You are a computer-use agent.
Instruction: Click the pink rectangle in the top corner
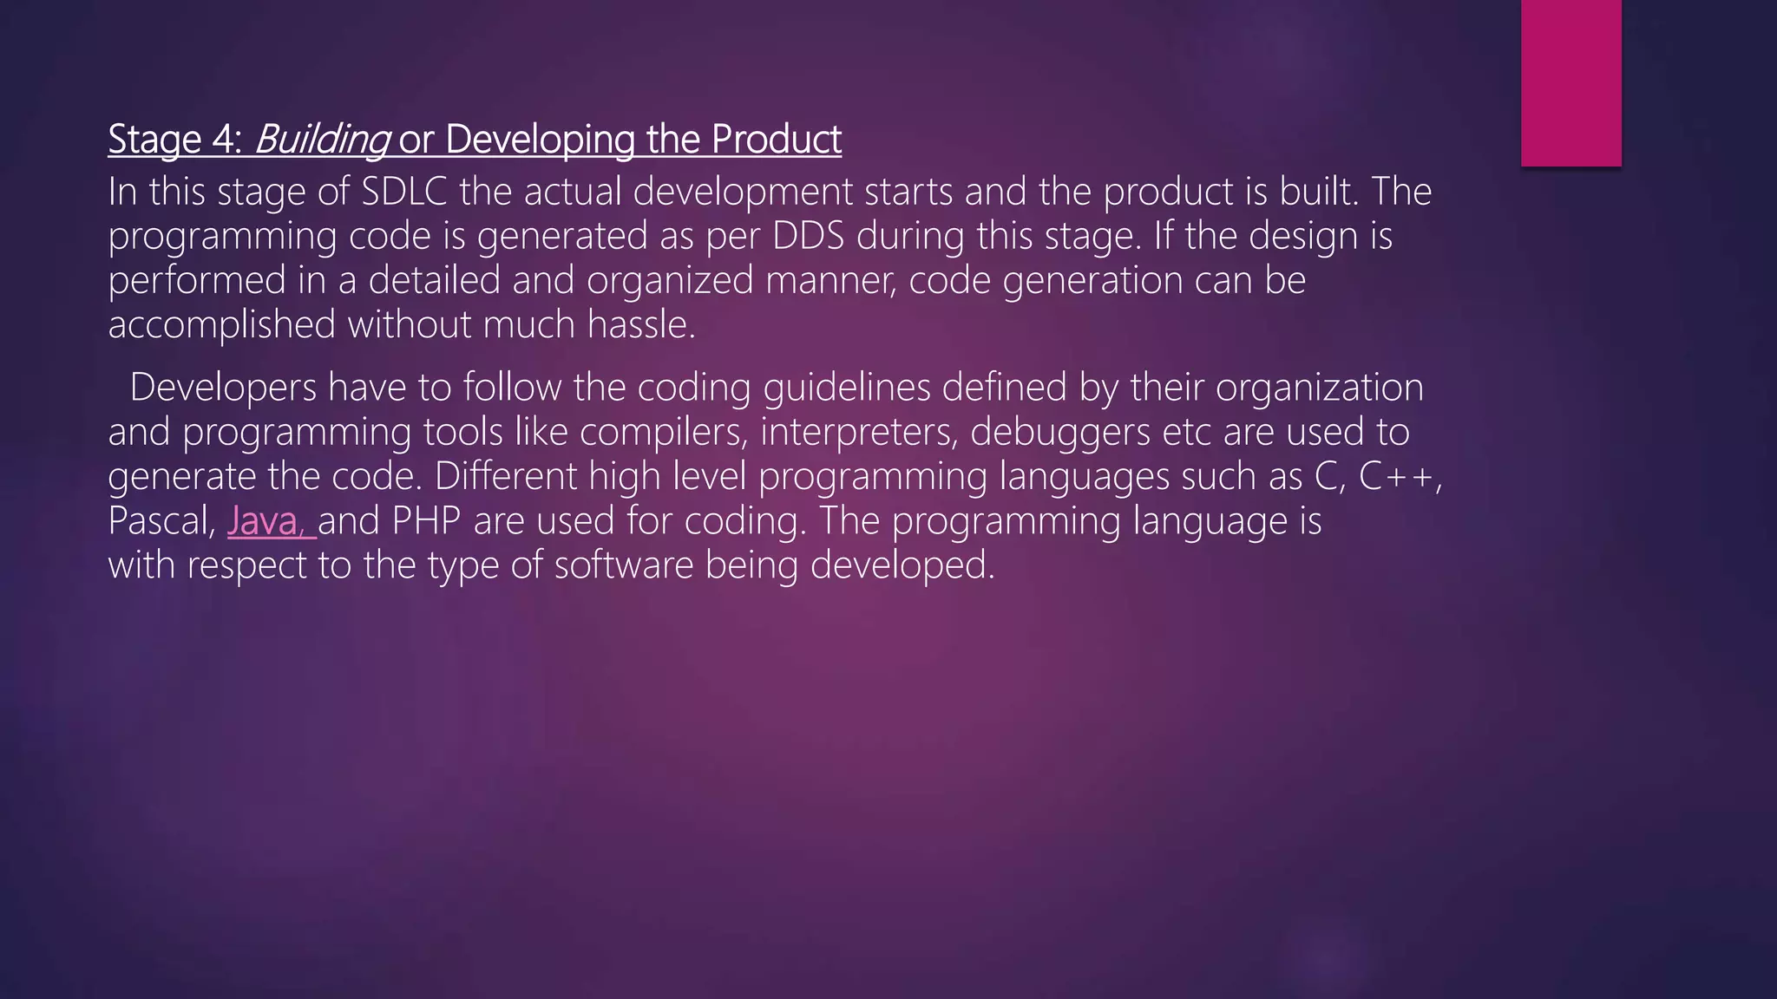tap(1570, 82)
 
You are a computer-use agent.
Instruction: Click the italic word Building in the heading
tap(321, 140)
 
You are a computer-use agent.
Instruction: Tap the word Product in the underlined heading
tap(777, 140)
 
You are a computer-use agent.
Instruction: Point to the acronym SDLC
tap(403, 192)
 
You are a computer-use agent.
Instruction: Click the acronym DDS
tap(808, 236)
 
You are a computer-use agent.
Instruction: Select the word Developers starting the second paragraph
tap(223, 388)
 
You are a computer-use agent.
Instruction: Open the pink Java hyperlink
tap(266, 520)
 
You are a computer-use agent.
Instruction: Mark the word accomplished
tap(222, 324)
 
